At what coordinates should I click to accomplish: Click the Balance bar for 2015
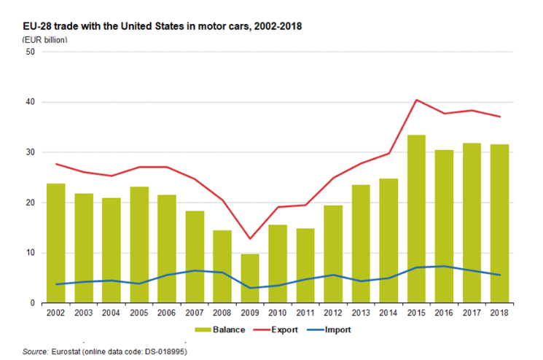point(416,219)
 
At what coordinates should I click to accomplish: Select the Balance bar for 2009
point(250,278)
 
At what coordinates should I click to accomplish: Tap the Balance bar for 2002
point(55,243)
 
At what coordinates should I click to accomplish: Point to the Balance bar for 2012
point(333,254)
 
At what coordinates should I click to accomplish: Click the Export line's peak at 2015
point(416,100)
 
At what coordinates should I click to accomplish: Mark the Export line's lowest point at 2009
point(250,238)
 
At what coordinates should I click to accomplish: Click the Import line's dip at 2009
point(250,288)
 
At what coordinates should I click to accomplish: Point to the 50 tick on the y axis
point(30,52)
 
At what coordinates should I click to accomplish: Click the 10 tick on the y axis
point(30,253)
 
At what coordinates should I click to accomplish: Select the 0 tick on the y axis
point(32,303)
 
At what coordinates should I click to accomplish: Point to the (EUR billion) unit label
point(45,39)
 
